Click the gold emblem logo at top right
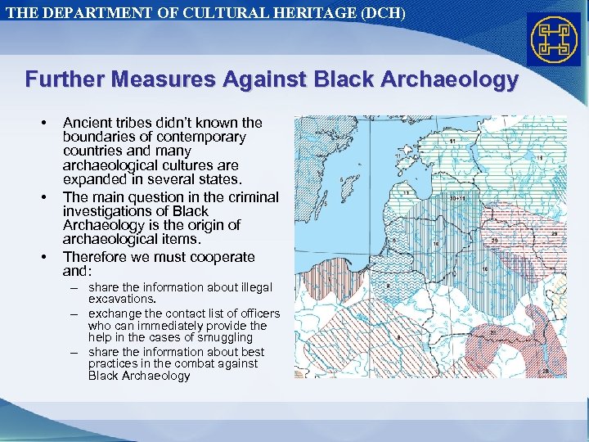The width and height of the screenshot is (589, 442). point(554,39)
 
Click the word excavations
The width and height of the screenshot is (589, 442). point(121,300)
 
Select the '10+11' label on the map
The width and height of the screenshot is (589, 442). point(457,198)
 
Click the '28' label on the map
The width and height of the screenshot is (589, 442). point(545,371)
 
